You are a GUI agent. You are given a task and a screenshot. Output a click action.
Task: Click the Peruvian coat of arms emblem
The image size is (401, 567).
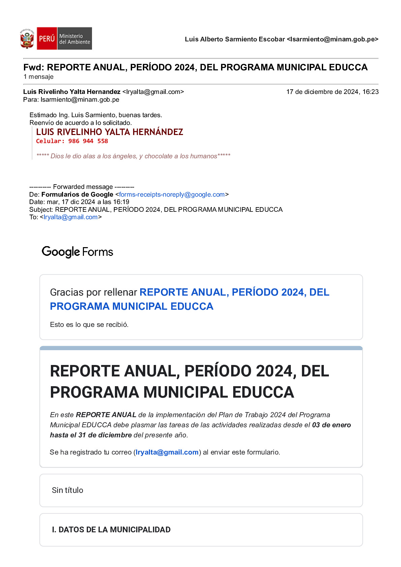click(27, 39)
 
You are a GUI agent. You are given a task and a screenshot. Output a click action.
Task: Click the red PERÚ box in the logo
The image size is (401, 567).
click(47, 38)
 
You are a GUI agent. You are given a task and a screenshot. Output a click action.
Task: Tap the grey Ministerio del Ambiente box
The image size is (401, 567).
click(74, 39)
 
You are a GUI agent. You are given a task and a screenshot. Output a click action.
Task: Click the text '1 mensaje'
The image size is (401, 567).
click(38, 77)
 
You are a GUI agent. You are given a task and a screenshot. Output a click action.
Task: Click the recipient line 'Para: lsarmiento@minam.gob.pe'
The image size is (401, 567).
click(71, 100)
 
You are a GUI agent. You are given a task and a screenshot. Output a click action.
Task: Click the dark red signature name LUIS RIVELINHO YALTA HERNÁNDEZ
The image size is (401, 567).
click(110, 132)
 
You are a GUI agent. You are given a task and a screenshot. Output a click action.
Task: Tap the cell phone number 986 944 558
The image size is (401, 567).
click(88, 141)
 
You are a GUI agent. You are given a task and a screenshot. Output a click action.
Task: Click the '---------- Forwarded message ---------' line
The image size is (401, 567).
click(82, 187)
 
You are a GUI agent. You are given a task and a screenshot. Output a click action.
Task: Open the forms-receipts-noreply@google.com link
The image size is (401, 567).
click(172, 195)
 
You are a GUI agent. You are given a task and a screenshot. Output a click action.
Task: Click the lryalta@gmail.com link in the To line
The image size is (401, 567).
click(70, 217)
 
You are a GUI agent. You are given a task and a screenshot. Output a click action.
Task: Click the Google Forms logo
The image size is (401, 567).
click(78, 252)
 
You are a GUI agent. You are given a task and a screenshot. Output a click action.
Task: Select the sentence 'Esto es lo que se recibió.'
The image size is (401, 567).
click(89, 325)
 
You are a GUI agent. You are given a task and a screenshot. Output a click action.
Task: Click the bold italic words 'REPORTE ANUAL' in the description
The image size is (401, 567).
click(106, 415)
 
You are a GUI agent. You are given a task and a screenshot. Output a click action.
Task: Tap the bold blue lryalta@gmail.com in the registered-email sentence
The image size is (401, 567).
click(167, 452)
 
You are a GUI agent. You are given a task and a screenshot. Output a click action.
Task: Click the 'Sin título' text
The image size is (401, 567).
click(67, 490)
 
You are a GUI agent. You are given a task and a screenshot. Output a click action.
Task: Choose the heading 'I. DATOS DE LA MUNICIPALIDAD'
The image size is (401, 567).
click(111, 530)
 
